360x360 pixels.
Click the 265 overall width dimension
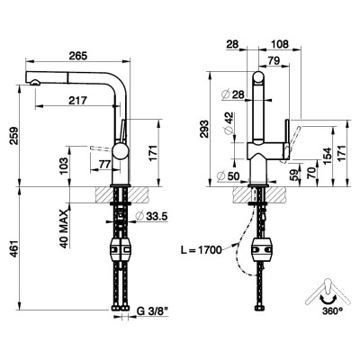tap(78, 56)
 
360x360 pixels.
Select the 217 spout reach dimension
tap(77, 101)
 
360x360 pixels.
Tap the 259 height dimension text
tap(13, 136)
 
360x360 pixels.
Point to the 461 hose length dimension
tap(13, 248)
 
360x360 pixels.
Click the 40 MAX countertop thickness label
tap(63, 229)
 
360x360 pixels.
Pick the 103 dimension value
tap(63, 166)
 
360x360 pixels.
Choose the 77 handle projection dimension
tap(105, 164)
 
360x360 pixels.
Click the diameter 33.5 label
tap(151, 215)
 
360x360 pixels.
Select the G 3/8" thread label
tap(152, 311)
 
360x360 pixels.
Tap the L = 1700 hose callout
tap(201, 249)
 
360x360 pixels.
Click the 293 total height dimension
tap(204, 129)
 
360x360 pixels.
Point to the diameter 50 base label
tap(228, 175)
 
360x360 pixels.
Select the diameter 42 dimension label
tap(229, 122)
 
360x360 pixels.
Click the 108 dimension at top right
tap(279, 44)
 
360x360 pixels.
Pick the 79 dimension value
tap(274, 60)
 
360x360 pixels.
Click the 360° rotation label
tap(333, 311)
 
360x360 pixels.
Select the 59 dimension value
tap(295, 175)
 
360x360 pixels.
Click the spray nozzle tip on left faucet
tap(35, 82)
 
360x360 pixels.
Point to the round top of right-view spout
tap(258, 77)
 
